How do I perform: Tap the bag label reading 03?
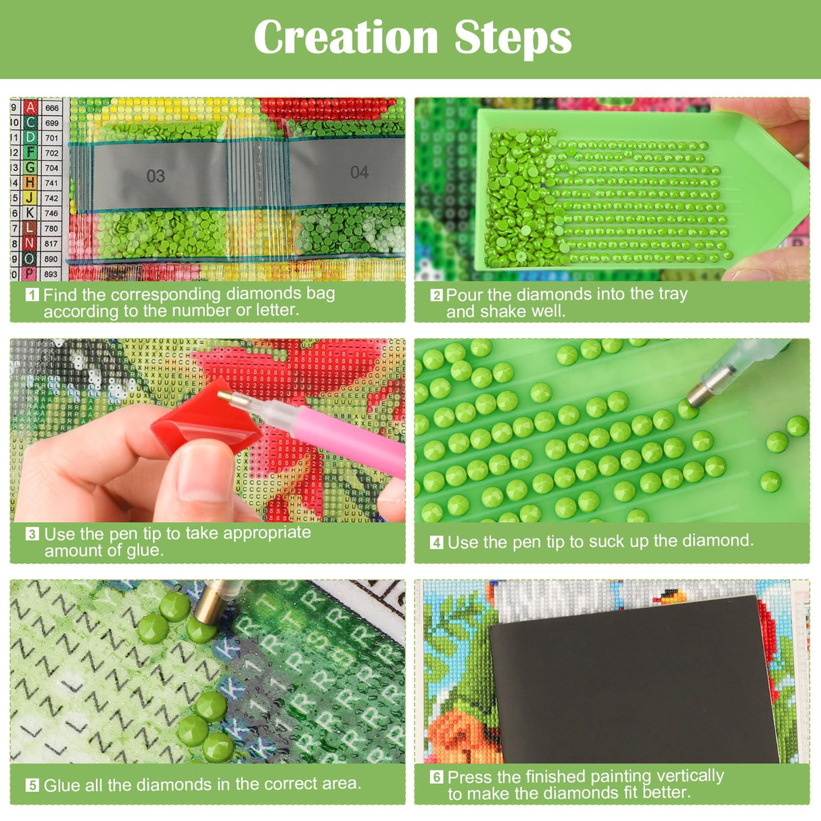156,177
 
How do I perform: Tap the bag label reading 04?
359,172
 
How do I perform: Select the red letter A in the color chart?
30,108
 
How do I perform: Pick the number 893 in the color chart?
51,274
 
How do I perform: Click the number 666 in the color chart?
51,108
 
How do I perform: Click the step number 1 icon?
32,295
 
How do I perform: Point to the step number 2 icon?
436,296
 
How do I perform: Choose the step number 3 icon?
32,534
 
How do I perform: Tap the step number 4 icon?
436,542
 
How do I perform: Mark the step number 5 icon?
32,785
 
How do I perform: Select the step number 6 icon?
436,777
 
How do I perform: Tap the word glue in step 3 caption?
144,550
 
